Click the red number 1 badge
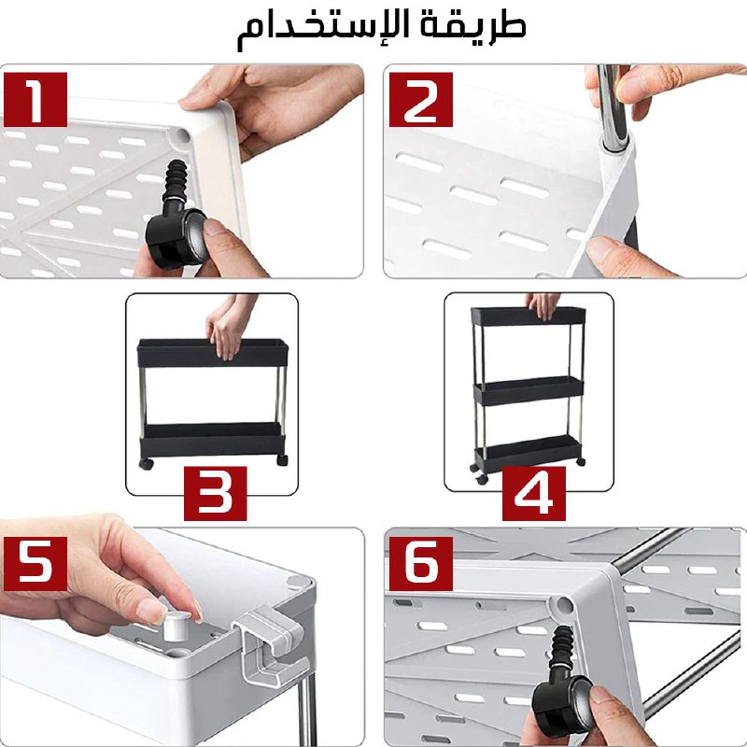[x=35, y=100]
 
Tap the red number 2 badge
[x=421, y=100]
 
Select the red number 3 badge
[x=216, y=493]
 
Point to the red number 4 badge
[x=534, y=493]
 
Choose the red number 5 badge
[x=35, y=564]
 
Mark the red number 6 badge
[x=421, y=564]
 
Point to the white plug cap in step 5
[x=176, y=625]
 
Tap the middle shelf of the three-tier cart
[x=529, y=390]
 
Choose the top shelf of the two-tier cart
[x=212, y=353]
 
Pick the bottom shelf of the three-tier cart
[x=529, y=451]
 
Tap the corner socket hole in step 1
[x=181, y=135]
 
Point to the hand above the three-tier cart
[x=544, y=305]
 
